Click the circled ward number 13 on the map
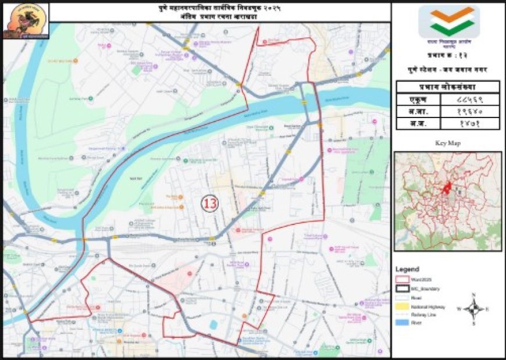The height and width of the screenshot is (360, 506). (x=209, y=203)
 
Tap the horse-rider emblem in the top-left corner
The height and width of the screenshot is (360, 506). (x=26, y=20)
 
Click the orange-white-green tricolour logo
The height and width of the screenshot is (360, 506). (x=448, y=22)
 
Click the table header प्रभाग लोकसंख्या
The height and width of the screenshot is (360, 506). (x=448, y=87)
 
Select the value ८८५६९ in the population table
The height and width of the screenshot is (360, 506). (x=470, y=99)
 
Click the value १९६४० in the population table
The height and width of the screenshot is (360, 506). (x=470, y=111)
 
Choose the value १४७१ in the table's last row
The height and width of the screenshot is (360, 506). (x=470, y=123)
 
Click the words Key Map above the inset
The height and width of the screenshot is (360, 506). (x=447, y=142)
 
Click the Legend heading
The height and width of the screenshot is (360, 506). (x=407, y=269)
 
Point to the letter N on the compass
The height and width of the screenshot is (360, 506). (x=474, y=295)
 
